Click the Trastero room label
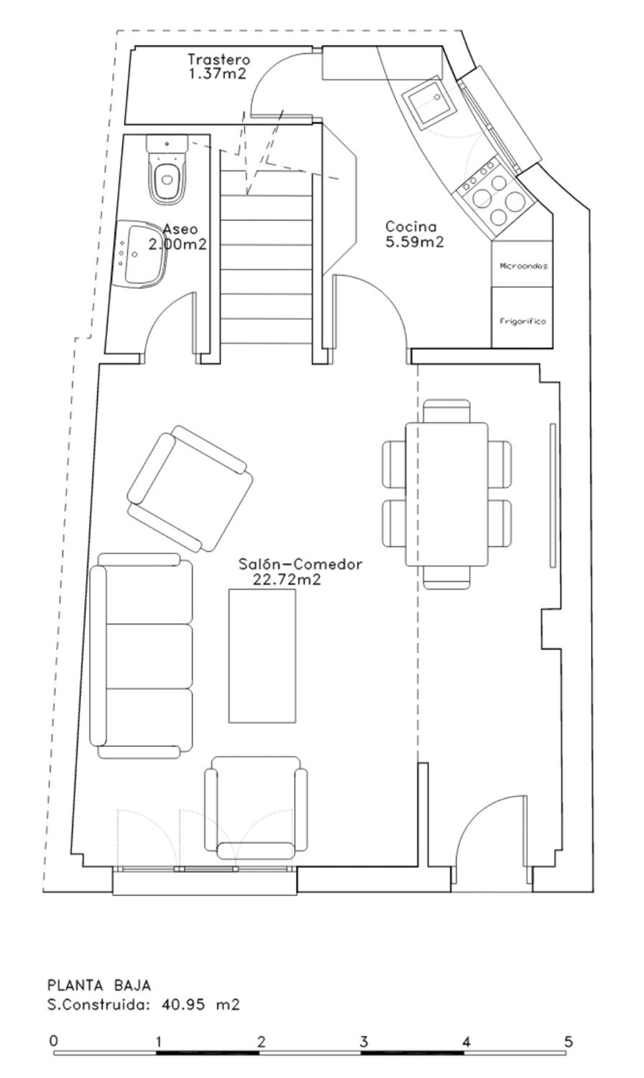tap(219, 59)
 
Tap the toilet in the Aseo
tap(167, 169)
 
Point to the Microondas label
tap(523, 266)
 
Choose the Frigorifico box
tap(522, 317)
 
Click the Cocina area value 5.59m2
tap(414, 242)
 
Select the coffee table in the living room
tap(263, 655)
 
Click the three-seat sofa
tap(141, 656)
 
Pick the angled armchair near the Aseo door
tap(190, 489)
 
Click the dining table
tap(447, 495)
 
